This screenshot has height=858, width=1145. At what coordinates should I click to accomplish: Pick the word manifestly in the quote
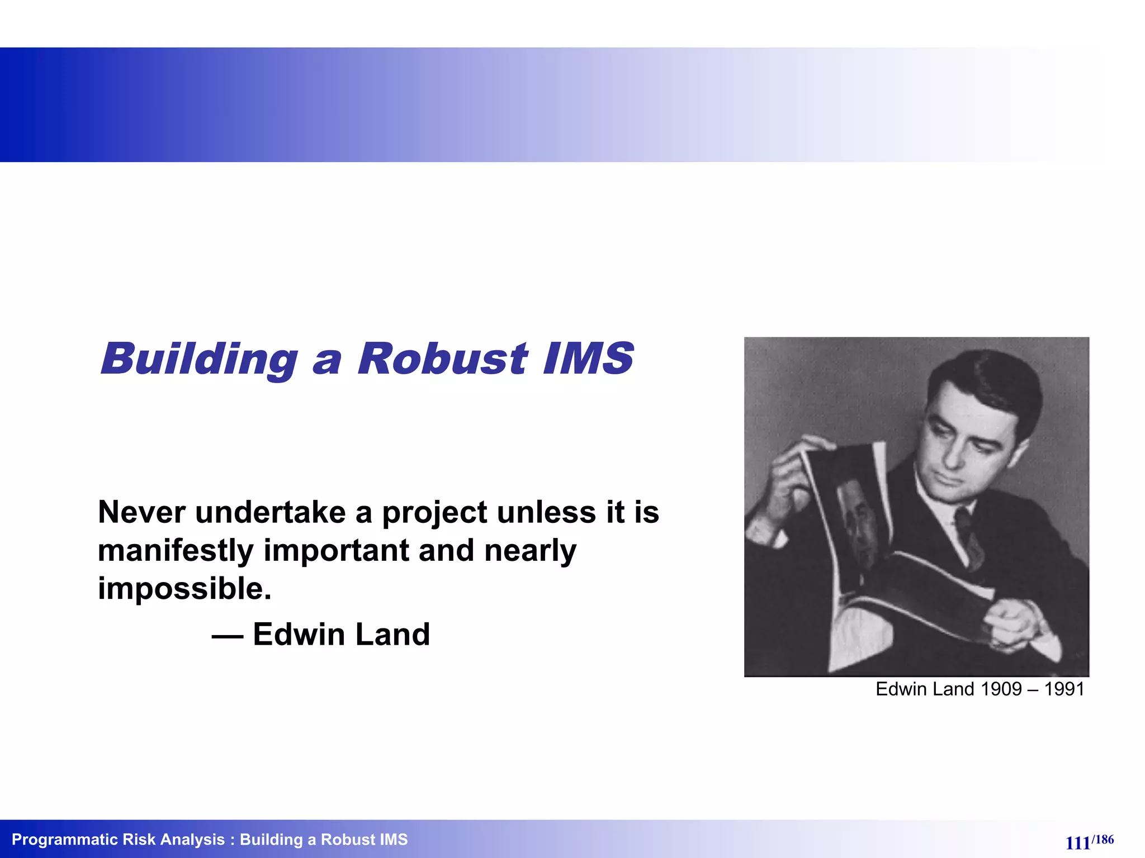coord(176,551)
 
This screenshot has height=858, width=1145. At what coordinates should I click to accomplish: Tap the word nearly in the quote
coord(530,551)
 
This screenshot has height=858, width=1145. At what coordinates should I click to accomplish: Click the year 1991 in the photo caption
coord(1064,689)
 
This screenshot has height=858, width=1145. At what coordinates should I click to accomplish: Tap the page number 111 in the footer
coord(1077,843)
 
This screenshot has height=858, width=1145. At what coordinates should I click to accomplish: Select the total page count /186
coord(1103,840)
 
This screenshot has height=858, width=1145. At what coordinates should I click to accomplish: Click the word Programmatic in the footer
coord(62,840)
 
